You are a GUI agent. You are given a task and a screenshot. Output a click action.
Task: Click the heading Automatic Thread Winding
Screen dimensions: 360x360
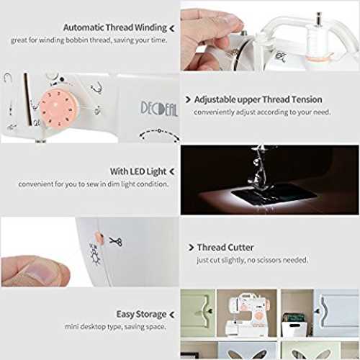[x=115, y=27]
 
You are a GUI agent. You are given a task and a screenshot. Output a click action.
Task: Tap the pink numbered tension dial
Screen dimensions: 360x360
[x=58, y=108]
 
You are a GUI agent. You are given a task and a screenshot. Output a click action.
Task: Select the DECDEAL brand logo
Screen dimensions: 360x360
[x=159, y=109]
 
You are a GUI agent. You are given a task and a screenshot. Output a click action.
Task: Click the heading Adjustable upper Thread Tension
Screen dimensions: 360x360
[x=258, y=99]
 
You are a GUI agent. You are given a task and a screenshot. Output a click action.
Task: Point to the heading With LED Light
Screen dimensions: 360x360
[x=138, y=171]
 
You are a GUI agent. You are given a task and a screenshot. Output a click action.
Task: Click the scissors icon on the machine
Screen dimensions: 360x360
[x=116, y=241]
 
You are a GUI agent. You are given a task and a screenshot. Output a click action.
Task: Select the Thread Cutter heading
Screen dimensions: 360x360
[x=225, y=247]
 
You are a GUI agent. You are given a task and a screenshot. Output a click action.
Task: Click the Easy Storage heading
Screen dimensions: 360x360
[x=141, y=314]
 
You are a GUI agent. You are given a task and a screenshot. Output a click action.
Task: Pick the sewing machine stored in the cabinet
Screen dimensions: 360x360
[x=247, y=313]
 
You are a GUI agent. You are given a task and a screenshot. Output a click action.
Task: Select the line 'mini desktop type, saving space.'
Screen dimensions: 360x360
[x=115, y=327]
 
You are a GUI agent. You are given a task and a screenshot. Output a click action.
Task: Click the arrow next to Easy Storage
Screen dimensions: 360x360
[x=172, y=315]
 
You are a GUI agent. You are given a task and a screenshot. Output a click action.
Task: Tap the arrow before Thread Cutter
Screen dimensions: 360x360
[x=191, y=247]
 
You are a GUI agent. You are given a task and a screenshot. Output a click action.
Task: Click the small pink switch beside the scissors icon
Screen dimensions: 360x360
[x=99, y=238]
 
